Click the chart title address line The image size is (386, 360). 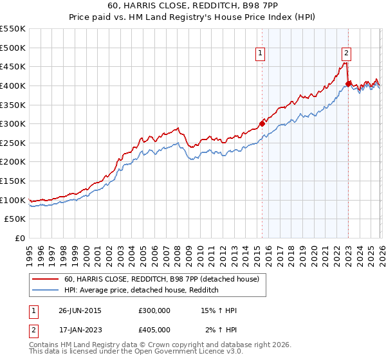(193, 6)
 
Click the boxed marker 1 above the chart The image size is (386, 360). (261, 54)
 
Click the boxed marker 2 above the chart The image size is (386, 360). (346, 54)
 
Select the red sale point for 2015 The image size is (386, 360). (262, 123)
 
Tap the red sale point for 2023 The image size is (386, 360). (348, 84)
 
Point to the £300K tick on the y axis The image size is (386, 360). (13, 123)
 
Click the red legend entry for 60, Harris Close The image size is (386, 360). (161, 279)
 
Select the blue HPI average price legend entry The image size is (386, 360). (142, 291)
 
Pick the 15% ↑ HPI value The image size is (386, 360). (219, 310)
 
